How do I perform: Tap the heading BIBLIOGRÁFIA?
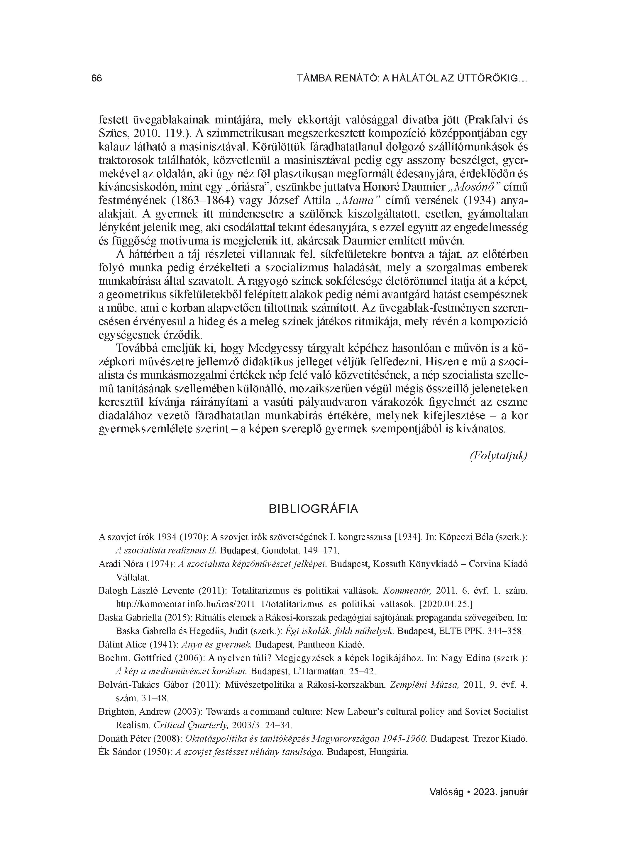tap(314, 509)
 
